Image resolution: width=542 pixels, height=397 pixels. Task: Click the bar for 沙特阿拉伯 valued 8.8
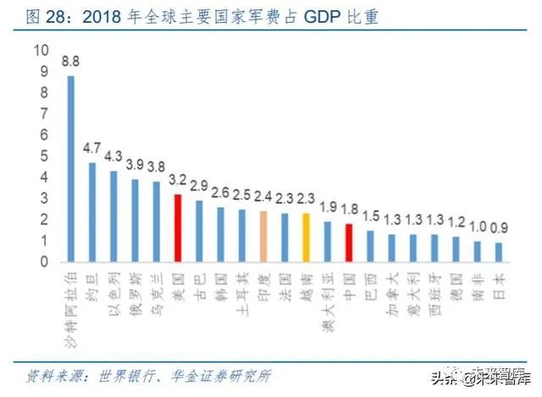(x=70, y=168)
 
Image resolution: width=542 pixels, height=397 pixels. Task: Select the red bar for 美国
(x=178, y=228)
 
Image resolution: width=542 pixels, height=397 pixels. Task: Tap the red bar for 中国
(x=349, y=242)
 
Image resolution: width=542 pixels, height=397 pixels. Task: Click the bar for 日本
(x=499, y=252)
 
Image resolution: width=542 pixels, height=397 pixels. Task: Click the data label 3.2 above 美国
(x=178, y=181)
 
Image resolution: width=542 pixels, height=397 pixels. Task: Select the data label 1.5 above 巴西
(x=371, y=216)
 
